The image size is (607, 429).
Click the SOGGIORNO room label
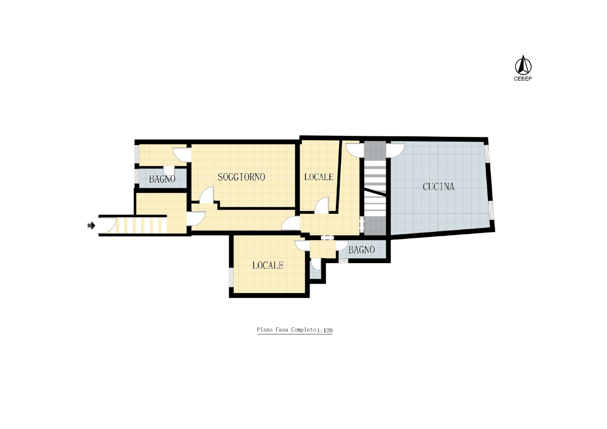click(x=241, y=177)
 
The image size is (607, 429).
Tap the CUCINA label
click(x=438, y=187)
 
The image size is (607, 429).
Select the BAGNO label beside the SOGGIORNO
click(x=162, y=179)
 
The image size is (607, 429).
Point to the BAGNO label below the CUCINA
click(x=361, y=250)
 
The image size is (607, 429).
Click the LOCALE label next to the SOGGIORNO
click(x=319, y=177)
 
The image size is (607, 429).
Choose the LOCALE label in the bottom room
click(x=268, y=265)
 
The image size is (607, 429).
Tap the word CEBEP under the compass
click(x=523, y=79)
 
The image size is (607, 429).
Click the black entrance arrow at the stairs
click(x=91, y=225)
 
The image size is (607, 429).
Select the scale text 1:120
click(x=325, y=331)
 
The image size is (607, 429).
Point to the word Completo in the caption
click(x=303, y=330)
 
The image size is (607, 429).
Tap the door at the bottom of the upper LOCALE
click(x=322, y=205)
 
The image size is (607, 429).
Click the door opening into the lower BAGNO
click(x=342, y=246)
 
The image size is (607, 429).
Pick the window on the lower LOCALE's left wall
click(x=231, y=277)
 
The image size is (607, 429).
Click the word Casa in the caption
click(x=282, y=330)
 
